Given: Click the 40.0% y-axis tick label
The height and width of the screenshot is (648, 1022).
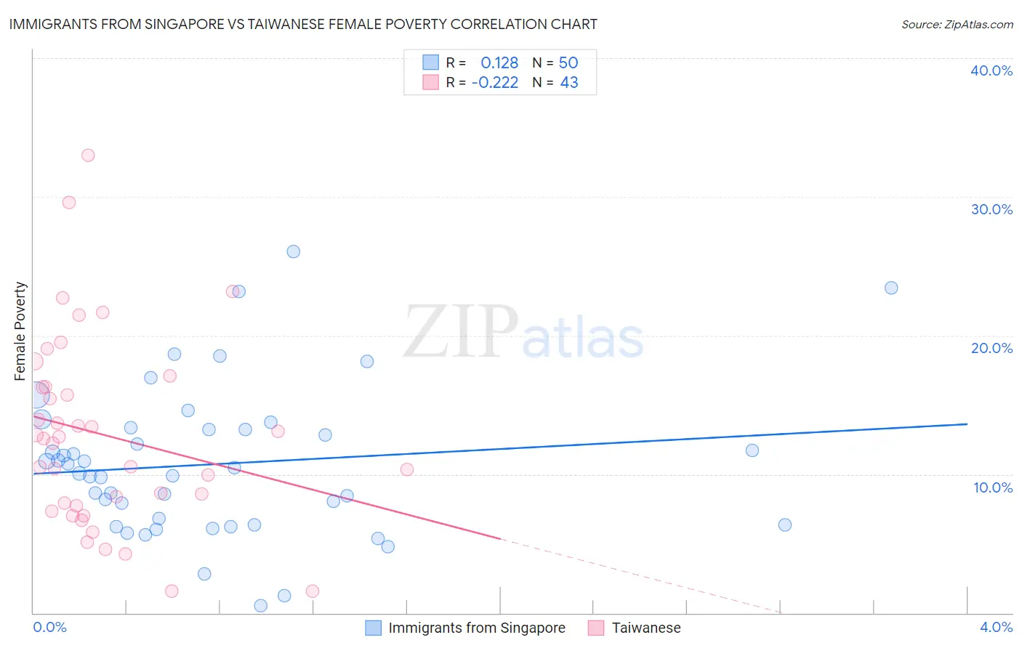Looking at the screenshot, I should (x=991, y=70).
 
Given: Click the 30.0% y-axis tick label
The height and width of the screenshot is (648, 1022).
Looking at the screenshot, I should (x=991, y=209).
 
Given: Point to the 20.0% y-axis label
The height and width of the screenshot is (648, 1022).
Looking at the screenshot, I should (x=991, y=348).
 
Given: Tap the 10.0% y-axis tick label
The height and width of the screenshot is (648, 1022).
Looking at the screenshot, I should (x=993, y=487).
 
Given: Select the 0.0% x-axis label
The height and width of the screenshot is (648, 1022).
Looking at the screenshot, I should (x=49, y=627).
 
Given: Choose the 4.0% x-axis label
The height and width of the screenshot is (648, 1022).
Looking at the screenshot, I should (x=996, y=627).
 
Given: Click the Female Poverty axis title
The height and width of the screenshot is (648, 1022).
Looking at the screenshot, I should (x=20, y=331).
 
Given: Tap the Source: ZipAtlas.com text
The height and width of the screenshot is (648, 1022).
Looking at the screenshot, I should (x=957, y=24).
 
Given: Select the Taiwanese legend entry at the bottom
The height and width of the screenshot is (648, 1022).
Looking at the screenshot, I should (x=646, y=628).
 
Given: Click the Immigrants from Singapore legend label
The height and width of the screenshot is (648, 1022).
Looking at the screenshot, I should (x=476, y=628).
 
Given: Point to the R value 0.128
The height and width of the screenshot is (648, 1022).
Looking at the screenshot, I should (x=499, y=63).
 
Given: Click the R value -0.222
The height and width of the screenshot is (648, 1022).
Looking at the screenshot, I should (x=495, y=83).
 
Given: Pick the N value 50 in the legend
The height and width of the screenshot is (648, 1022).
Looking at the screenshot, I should (x=568, y=63).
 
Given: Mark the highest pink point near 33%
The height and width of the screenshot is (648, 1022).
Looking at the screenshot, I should (x=88, y=155).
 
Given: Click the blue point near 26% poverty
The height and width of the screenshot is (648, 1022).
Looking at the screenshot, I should (x=293, y=251).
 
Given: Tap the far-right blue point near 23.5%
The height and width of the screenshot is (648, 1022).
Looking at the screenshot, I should (x=891, y=288).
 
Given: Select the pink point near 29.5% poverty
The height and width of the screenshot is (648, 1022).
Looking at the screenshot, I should (x=69, y=202).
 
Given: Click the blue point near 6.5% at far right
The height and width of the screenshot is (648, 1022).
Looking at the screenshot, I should (x=784, y=525).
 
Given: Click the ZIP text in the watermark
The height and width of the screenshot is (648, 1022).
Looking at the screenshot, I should (x=460, y=332).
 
